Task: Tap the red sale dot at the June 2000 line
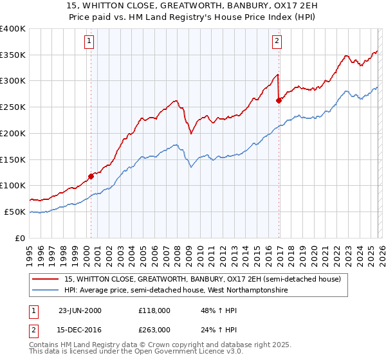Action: [x=91, y=175]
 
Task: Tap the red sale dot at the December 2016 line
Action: [x=279, y=100]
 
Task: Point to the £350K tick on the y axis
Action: [x=14, y=55]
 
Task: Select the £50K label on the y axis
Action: [x=15, y=212]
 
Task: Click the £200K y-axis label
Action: [x=14, y=134]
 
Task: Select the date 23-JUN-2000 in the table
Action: [x=80, y=310]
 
